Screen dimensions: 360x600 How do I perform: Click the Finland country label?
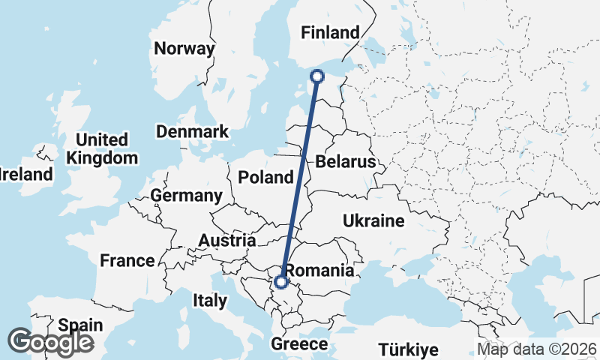(x=330, y=32)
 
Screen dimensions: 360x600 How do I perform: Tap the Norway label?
(x=184, y=49)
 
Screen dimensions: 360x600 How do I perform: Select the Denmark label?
(x=192, y=132)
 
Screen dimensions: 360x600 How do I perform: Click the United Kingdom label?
(x=102, y=148)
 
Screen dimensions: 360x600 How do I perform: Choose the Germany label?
(x=186, y=196)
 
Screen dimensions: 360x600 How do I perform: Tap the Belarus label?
(x=345, y=161)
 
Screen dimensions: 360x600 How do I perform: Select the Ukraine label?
(x=373, y=220)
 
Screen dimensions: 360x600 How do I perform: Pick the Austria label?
(x=227, y=241)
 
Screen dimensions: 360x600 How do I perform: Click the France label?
(x=127, y=261)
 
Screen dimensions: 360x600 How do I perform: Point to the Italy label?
(x=210, y=301)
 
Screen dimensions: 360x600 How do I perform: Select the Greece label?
(x=300, y=344)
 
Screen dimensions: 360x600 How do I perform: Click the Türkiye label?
(x=408, y=349)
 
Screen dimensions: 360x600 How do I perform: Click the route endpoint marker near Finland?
(x=316, y=76)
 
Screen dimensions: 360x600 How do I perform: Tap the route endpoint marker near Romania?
(x=280, y=282)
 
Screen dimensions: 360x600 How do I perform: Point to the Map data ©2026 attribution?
(x=537, y=349)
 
